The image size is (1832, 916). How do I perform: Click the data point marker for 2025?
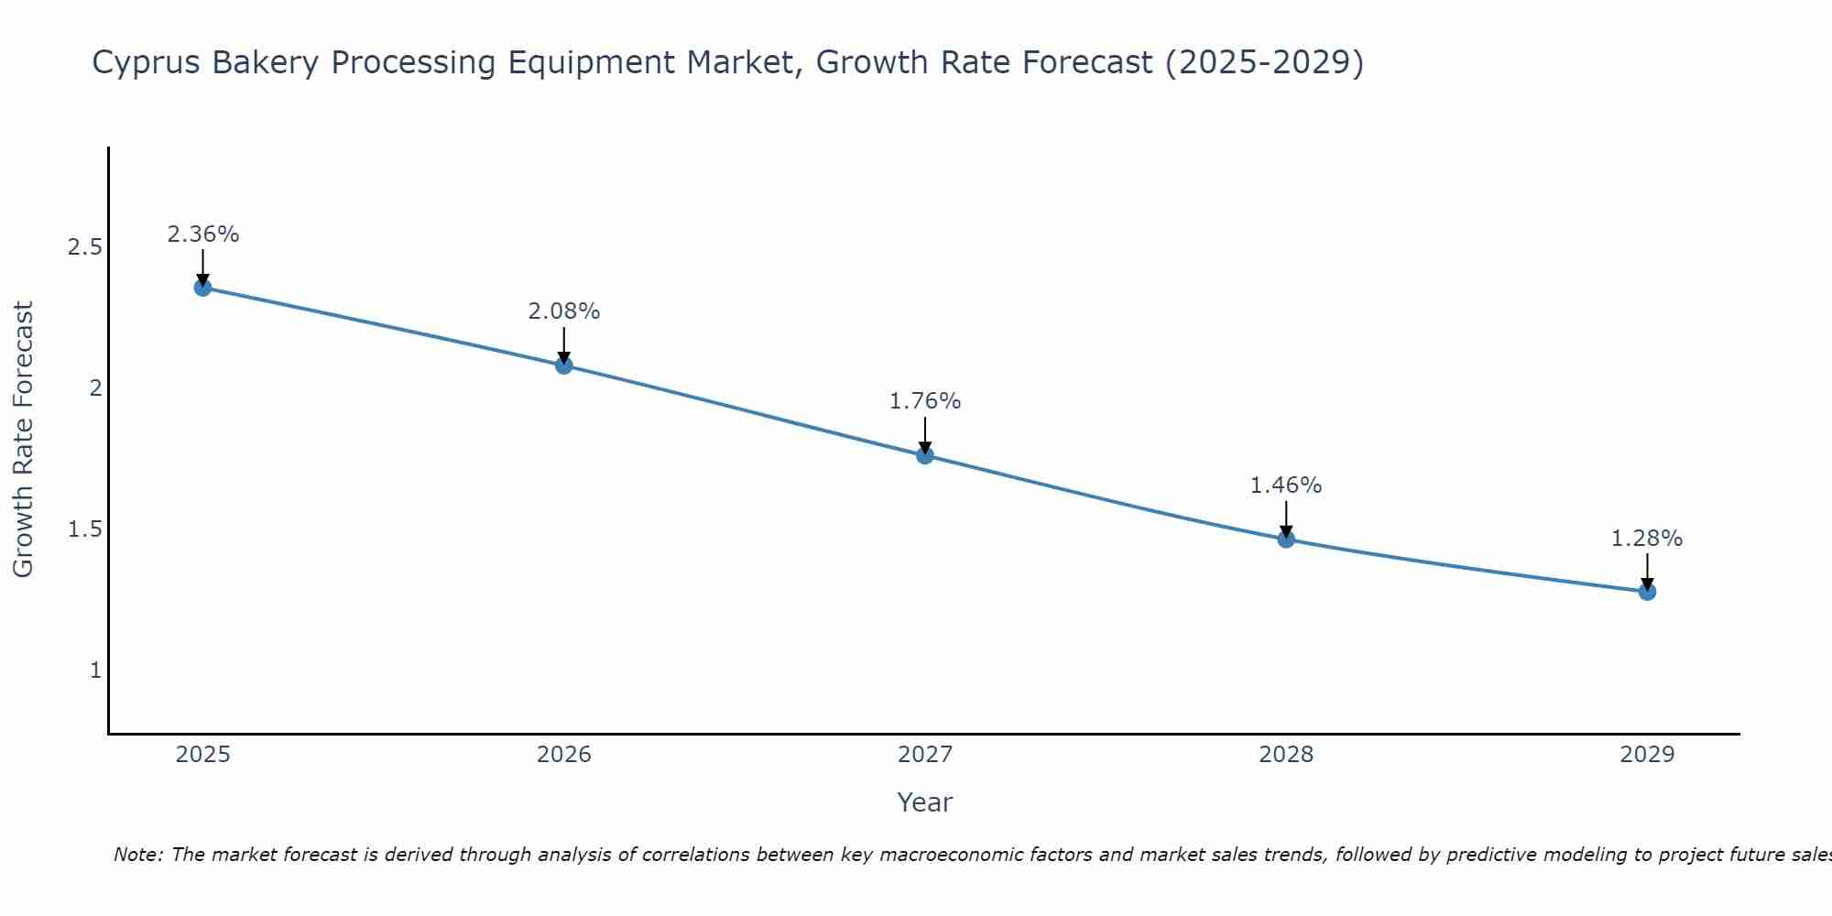(203, 288)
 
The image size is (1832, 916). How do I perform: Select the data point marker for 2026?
(564, 365)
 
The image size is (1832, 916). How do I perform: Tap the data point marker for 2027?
(925, 455)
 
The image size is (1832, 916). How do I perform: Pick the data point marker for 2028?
(1286, 539)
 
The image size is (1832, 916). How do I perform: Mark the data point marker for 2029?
(1647, 592)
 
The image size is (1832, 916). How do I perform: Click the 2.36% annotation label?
(203, 234)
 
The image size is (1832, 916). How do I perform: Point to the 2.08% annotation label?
(564, 311)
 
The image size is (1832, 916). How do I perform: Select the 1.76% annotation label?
(925, 401)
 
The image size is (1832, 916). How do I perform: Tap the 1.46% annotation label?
(1286, 485)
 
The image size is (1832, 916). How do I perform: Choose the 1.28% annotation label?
(1647, 539)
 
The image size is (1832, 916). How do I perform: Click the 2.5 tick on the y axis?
(85, 247)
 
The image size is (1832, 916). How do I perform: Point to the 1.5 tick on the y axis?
(85, 529)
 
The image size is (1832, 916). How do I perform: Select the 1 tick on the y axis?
(95, 671)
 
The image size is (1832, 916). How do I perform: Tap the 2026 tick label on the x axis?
(564, 755)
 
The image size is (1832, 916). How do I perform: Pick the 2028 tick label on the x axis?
(1286, 755)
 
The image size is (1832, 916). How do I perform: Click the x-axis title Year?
(925, 802)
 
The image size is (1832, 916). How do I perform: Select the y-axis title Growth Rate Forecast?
(24, 440)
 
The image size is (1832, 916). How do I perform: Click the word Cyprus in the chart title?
(147, 63)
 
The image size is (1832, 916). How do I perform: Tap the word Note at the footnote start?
(137, 855)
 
